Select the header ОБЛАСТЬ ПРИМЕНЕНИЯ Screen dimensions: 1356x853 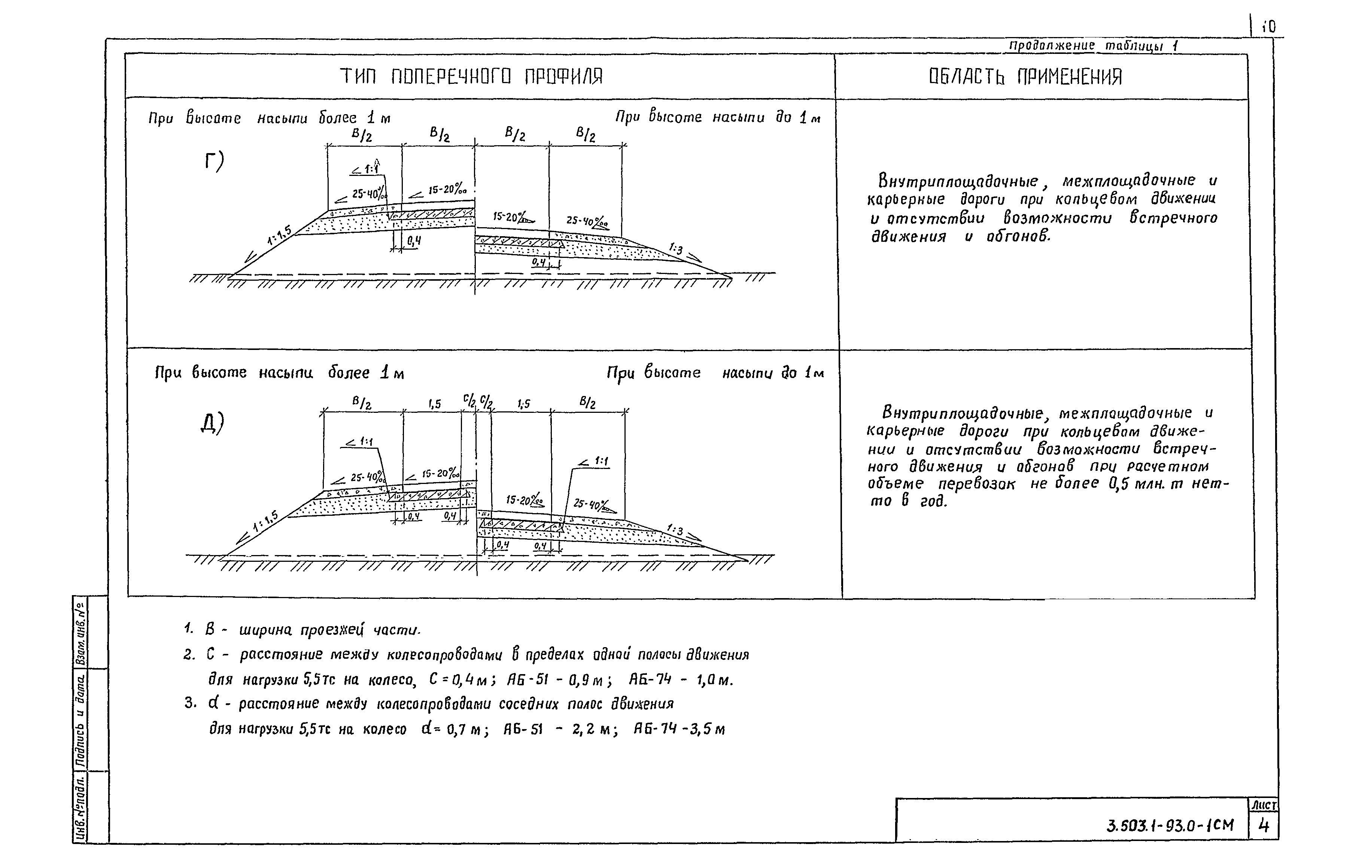(x=1025, y=77)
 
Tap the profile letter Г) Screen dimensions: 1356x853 (x=214, y=162)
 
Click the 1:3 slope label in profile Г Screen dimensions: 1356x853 (x=676, y=248)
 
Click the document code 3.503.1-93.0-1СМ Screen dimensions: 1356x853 (x=1170, y=825)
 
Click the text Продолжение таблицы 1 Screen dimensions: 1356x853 (x=1092, y=46)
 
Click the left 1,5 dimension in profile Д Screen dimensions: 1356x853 (x=434, y=404)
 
